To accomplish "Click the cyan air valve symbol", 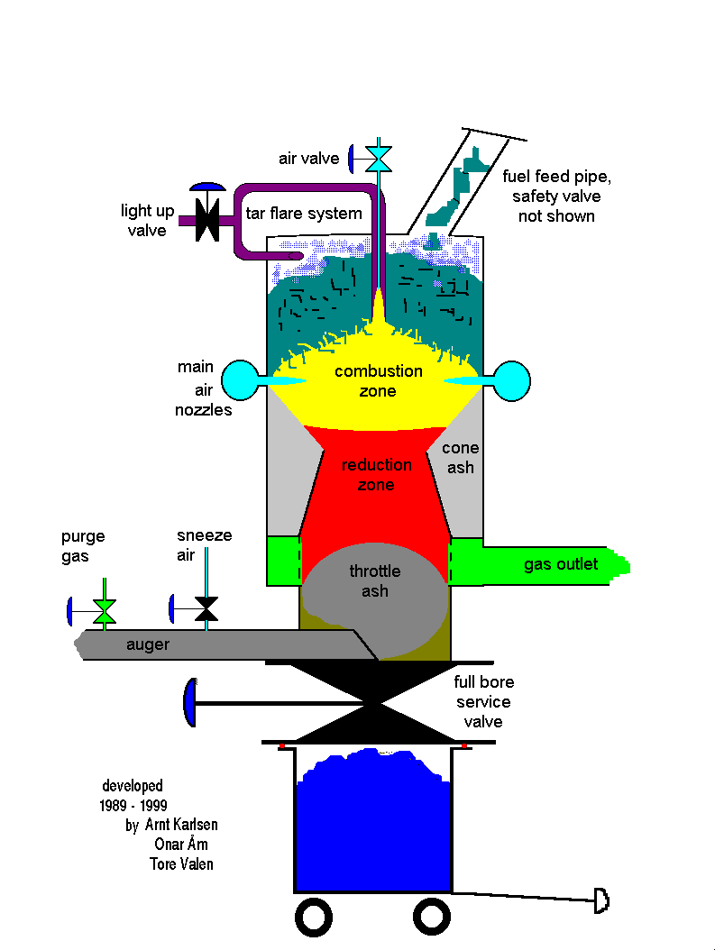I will (x=378, y=159).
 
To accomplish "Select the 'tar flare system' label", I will (x=304, y=214).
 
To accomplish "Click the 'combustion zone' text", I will (x=378, y=380).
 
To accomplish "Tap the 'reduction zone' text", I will (x=376, y=475).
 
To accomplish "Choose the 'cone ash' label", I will (x=460, y=458).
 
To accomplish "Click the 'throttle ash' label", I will (x=375, y=580).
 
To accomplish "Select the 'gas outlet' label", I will (x=561, y=564).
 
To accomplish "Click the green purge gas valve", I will (x=105, y=610).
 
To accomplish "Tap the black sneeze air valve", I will (x=206, y=609).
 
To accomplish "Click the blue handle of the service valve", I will (x=189, y=701).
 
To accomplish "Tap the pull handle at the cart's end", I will (x=601, y=900).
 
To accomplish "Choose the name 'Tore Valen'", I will (x=182, y=863).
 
